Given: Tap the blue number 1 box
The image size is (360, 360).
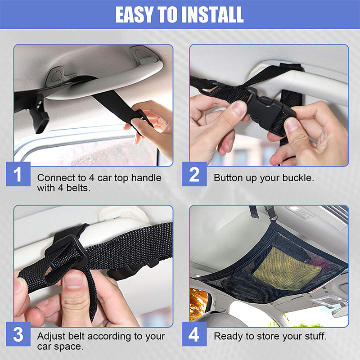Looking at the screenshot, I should point(18,174).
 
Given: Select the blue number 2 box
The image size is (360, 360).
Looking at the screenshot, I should point(194,174).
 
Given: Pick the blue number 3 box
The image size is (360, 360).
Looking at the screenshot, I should point(18,335).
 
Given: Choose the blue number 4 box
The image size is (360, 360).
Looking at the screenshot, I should point(194,335).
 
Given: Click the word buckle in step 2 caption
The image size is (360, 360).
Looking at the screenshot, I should point(297,178).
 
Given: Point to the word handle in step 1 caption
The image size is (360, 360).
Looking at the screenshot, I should point(147,178).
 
